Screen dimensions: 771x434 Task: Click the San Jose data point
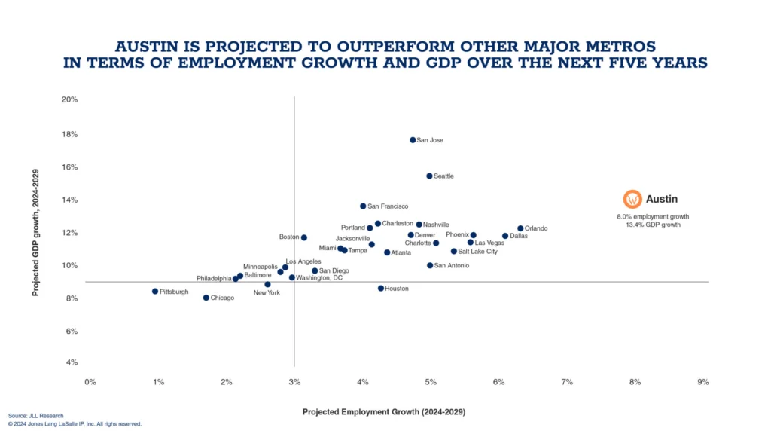[413, 140]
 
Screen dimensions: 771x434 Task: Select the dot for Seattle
[429, 176]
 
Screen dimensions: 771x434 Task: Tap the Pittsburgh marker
[155, 292]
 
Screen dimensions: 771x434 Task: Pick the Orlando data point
[520, 228]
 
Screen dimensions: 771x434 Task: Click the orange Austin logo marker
[632, 199]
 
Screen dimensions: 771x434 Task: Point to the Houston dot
[380, 289]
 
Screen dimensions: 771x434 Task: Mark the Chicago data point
[206, 298]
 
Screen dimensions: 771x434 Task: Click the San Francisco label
[388, 206]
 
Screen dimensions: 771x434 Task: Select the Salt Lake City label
[477, 252]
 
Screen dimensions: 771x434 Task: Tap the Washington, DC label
[319, 277]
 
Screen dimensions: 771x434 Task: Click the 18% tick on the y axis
[69, 134]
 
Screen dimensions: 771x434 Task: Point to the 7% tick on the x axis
[567, 382]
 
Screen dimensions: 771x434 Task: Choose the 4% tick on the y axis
[72, 362]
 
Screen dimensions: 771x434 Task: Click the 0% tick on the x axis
[90, 382]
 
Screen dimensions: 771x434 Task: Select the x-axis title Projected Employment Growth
[383, 412]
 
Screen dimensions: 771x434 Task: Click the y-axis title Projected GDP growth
[35, 232]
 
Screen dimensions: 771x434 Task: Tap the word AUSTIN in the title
[147, 47]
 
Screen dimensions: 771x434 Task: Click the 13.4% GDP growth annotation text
[653, 225]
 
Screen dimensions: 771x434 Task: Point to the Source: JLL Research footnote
[35, 416]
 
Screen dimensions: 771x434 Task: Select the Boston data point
[304, 237]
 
